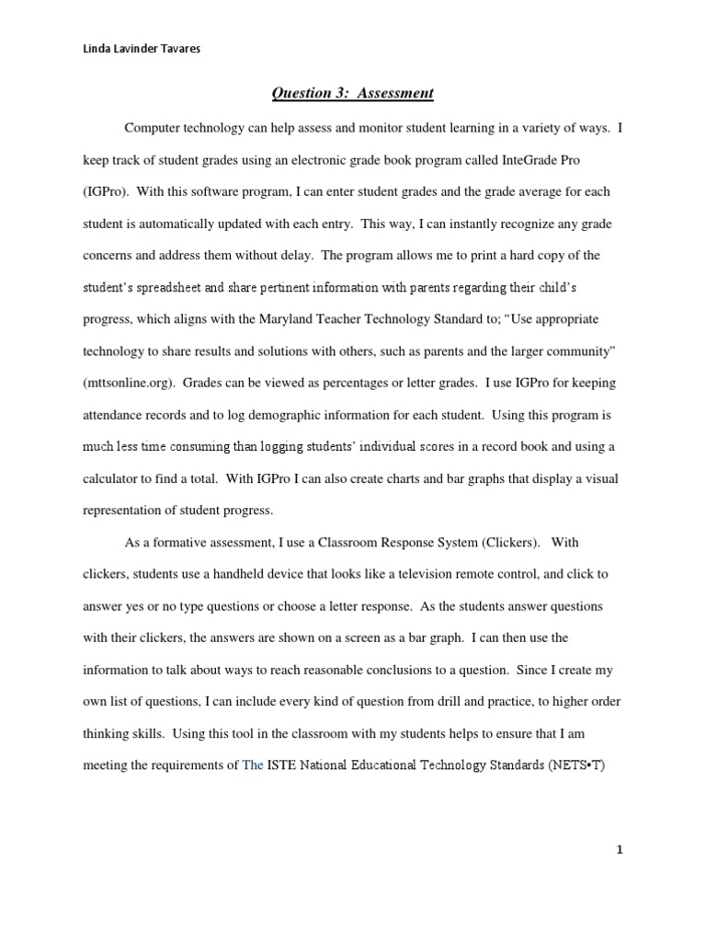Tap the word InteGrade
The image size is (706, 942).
(507, 160)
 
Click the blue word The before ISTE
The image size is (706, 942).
(252, 764)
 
